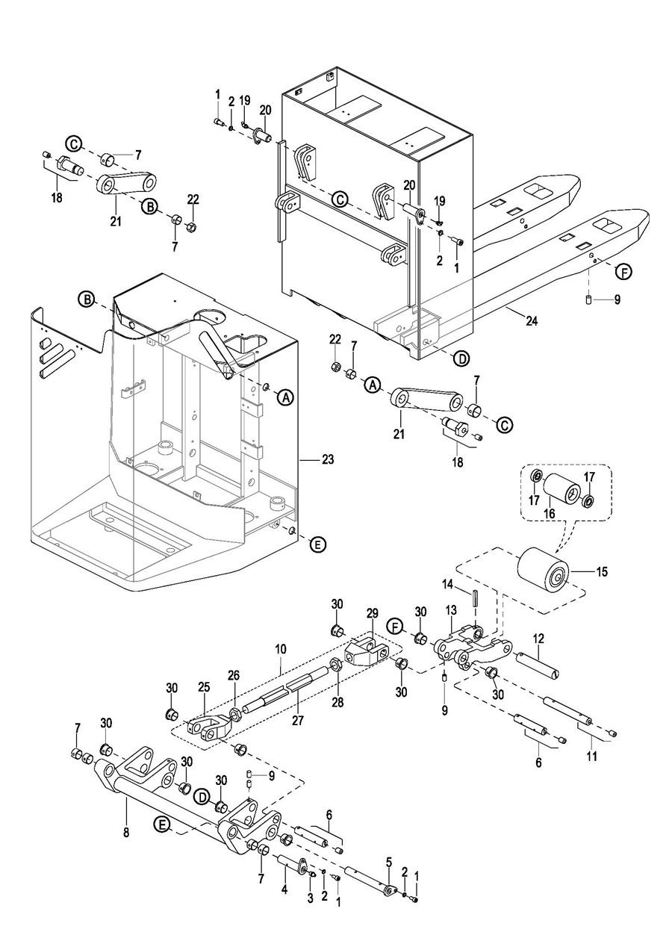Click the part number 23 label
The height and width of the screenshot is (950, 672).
(328, 459)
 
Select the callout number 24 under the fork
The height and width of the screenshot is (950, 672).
(532, 322)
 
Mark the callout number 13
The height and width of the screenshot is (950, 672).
(451, 611)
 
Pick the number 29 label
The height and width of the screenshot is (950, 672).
(373, 613)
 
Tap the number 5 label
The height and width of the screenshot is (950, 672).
(389, 862)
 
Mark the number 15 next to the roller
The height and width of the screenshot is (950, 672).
(603, 572)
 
